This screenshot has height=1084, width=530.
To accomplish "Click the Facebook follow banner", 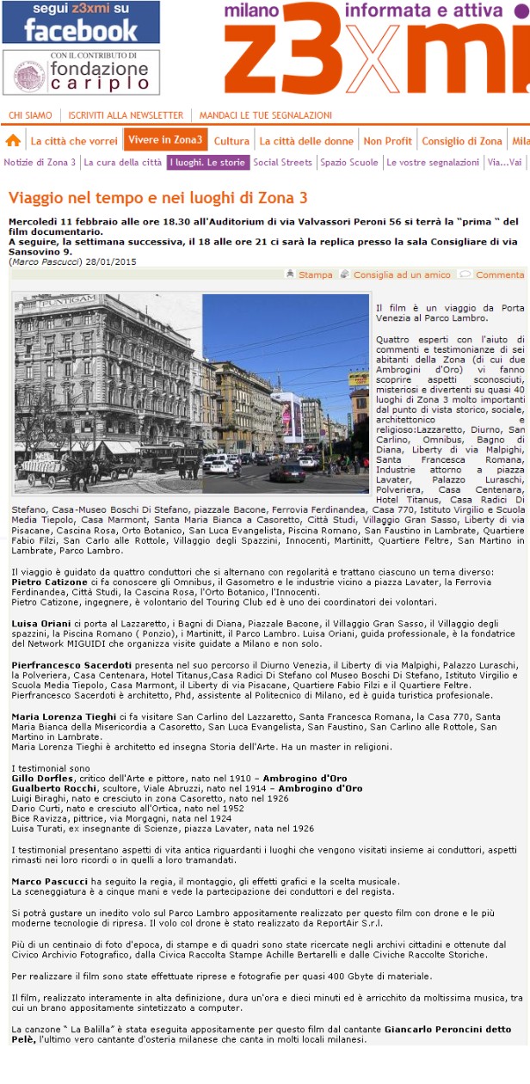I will point(80,22).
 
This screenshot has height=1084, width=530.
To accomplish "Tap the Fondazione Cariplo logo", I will point(80,72).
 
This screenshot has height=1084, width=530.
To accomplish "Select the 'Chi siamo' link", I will point(30,115).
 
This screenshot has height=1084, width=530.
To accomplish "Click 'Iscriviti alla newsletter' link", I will point(126,115).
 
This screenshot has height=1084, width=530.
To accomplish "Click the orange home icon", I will point(13,140).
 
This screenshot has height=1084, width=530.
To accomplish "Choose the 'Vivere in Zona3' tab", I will point(166,140).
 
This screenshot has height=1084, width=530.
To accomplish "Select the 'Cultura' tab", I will point(231,141).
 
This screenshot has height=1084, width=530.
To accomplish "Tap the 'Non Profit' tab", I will point(387,141).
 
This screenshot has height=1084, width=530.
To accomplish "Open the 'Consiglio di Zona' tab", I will point(462,141).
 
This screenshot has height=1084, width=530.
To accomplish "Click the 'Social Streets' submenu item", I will point(282,162).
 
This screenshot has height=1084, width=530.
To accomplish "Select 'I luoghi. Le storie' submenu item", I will point(207,162).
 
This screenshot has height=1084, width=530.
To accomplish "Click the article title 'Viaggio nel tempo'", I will point(157,196).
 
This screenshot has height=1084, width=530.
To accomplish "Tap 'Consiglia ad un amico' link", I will point(401,274).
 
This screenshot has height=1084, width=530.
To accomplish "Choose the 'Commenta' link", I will point(499,274).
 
